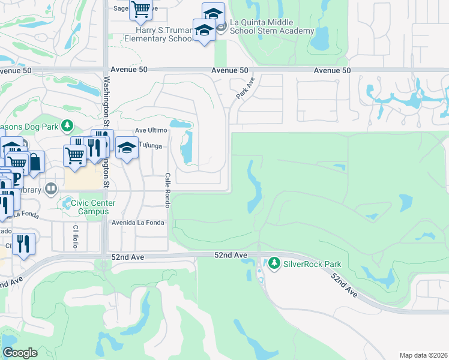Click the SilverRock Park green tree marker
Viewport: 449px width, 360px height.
point(274,263)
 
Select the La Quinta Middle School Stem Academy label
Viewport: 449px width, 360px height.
point(272,26)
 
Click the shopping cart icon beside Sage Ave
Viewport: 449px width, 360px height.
point(140,10)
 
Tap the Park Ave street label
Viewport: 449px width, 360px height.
point(246,89)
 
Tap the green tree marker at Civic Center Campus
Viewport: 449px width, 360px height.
point(67,203)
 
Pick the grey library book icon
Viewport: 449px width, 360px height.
point(51,190)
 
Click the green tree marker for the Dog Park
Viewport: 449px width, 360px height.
point(68,125)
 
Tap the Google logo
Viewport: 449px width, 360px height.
point(20,353)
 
